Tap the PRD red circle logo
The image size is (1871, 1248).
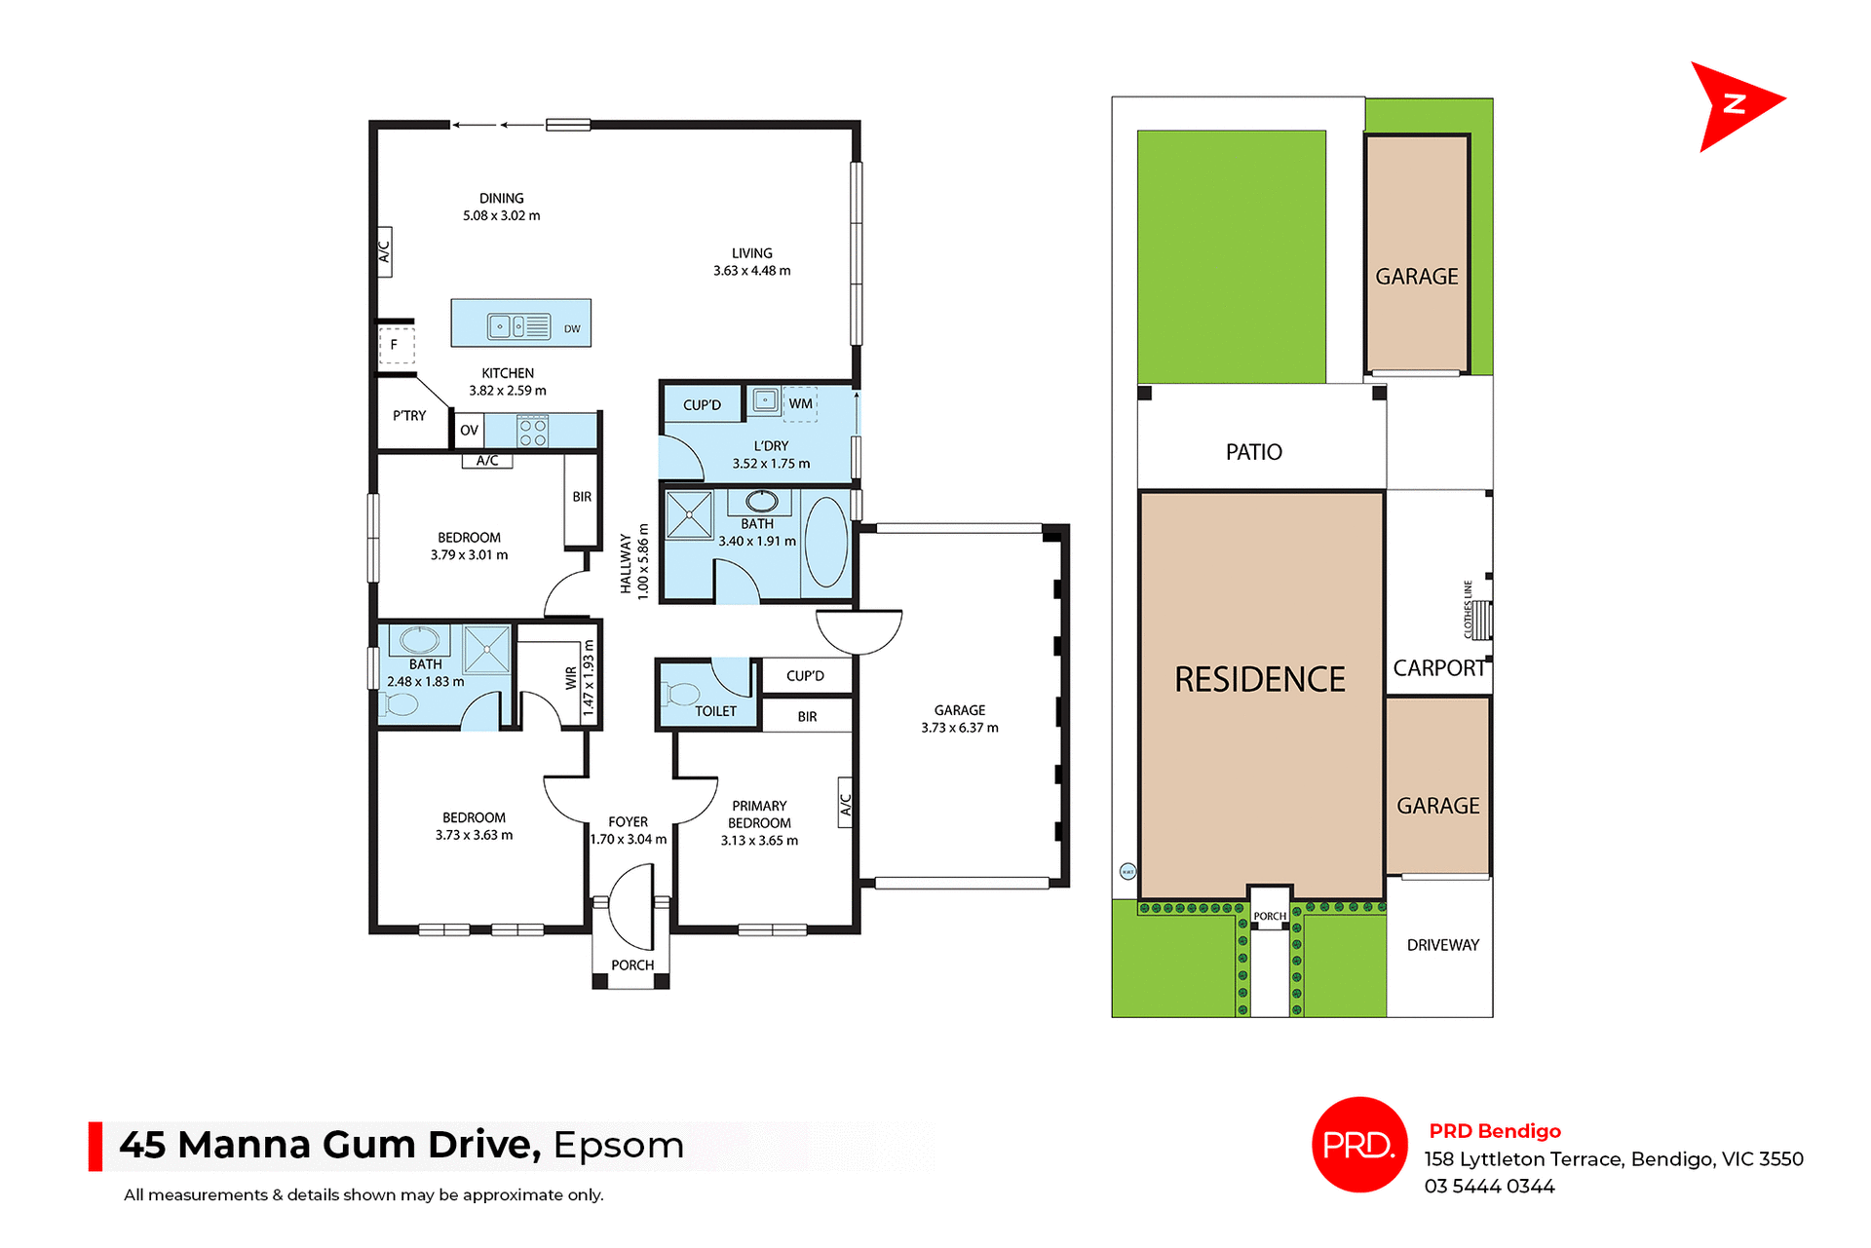pyautogui.click(x=1358, y=1145)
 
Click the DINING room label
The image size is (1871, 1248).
pyautogui.click(x=501, y=199)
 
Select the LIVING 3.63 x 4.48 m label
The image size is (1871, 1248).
pyautogui.click(x=751, y=262)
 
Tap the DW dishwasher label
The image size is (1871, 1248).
pyautogui.click(x=572, y=329)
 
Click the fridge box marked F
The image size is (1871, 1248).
pyautogui.click(x=395, y=345)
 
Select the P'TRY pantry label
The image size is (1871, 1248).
pyautogui.click(x=409, y=416)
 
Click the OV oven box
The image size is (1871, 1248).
pyautogui.click(x=469, y=430)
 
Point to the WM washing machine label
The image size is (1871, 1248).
pyautogui.click(x=800, y=403)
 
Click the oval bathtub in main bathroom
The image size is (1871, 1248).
pyautogui.click(x=826, y=542)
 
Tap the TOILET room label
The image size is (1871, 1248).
pyautogui.click(x=715, y=711)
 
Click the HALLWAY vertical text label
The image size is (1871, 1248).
pyautogui.click(x=626, y=563)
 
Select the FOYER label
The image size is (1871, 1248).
pyautogui.click(x=628, y=822)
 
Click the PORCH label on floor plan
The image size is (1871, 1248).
pyautogui.click(x=632, y=965)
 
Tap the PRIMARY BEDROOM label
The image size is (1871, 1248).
pyautogui.click(x=759, y=814)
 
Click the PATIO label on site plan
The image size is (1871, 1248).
pyautogui.click(x=1253, y=452)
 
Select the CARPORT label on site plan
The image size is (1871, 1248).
pyautogui.click(x=1438, y=668)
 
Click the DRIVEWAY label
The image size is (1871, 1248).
pyautogui.click(x=1442, y=945)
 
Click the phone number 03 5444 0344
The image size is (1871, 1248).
pyautogui.click(x=1489, y=1187)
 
